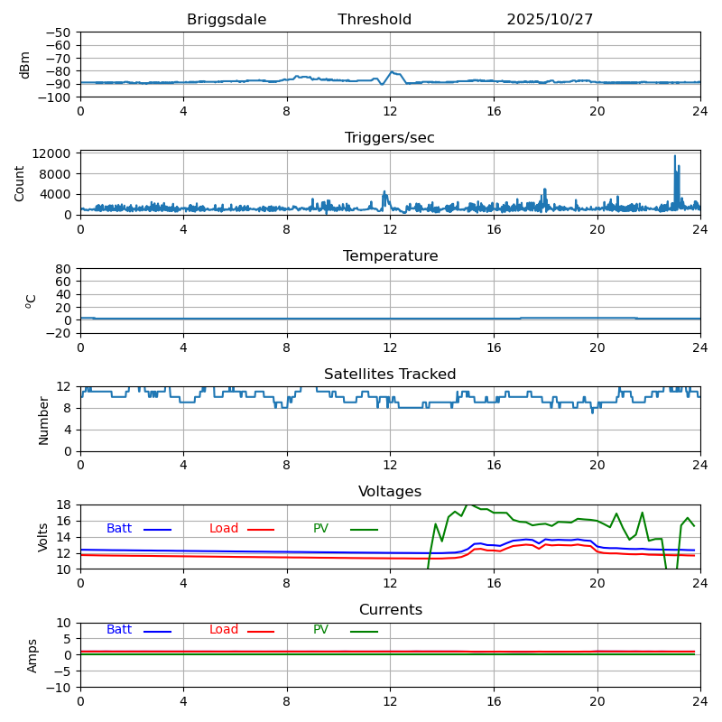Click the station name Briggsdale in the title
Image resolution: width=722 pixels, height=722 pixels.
(227, 20)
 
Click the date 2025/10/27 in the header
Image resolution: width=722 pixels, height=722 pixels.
(550, 20)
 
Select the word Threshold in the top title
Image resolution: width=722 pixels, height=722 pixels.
(375, 20)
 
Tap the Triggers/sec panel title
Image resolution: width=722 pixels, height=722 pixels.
(390, 138)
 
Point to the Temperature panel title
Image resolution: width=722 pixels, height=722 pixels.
(390, 256)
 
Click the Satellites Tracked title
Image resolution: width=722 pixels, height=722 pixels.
(390, 375)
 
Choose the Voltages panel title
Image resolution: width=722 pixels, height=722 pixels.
(390, 492)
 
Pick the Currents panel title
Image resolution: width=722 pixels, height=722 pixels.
(390, 610)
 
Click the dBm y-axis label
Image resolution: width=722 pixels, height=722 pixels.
(25, 65)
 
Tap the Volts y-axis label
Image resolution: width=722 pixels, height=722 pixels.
(43, 537)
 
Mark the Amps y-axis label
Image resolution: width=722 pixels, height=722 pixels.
(32, 655)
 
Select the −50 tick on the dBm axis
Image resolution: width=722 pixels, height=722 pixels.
(60, 32)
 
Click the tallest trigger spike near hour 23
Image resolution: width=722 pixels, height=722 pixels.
(674, 156)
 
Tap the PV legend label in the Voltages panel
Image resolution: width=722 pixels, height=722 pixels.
(322, 529)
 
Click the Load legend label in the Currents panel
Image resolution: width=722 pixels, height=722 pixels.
(224, 630)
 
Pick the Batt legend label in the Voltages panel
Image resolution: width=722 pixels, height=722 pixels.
(119, 529)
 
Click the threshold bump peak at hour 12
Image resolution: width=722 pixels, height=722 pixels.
(393, 72)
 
